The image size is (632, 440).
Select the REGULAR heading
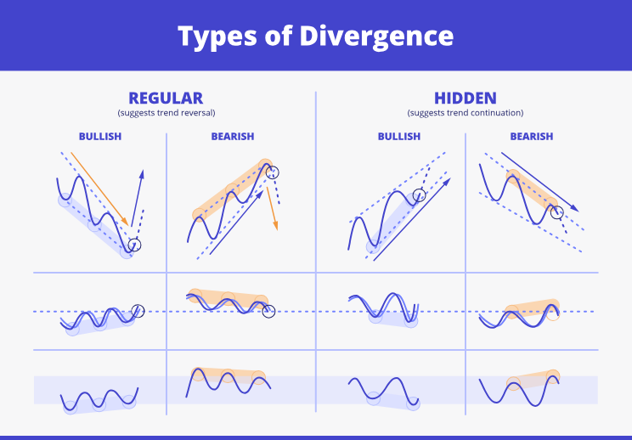[x=166, y=99]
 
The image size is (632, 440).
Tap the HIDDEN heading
[x=465, y=99]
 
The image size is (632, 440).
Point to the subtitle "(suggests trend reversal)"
[x=166, y=113]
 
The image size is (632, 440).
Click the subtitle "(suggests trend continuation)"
[x=465, y=113]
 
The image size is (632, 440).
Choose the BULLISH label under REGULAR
[x=100, y=137]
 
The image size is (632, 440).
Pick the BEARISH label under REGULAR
[x=232, y=137]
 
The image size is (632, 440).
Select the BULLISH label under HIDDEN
[x=399, y=137]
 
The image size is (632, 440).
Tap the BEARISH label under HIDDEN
[x=531, y=137]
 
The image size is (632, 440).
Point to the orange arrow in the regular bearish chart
[x=273, y=208]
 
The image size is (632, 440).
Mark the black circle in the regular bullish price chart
[x=134, y=245]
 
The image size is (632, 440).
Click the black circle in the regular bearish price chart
[x=272, y=172]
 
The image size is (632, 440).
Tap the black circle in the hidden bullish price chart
[x=419, y=196]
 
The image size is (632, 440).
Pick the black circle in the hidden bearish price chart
[x=556, y=212]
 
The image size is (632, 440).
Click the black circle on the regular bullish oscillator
[x=138, y=311]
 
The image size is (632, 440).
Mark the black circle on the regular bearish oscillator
[x=269, y=312]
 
